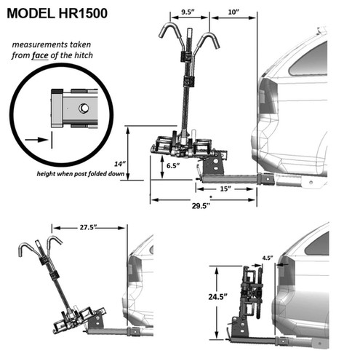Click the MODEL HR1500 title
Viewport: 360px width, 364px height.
[x=57, y=13]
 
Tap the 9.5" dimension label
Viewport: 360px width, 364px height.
[x=188, y=12]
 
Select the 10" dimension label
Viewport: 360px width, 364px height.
[x=233, y=12]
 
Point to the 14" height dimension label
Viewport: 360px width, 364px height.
[x=120, y=164]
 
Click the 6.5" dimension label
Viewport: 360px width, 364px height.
[x=173, y=166]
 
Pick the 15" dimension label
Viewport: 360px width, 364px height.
[x=225, y=189]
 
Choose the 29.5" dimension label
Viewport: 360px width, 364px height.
[x=201, y=206]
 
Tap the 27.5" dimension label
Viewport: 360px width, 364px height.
[x=88, y=228]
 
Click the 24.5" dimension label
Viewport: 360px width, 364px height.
[x=217, y=296]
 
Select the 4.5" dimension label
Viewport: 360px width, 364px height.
[x=268, y=258]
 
